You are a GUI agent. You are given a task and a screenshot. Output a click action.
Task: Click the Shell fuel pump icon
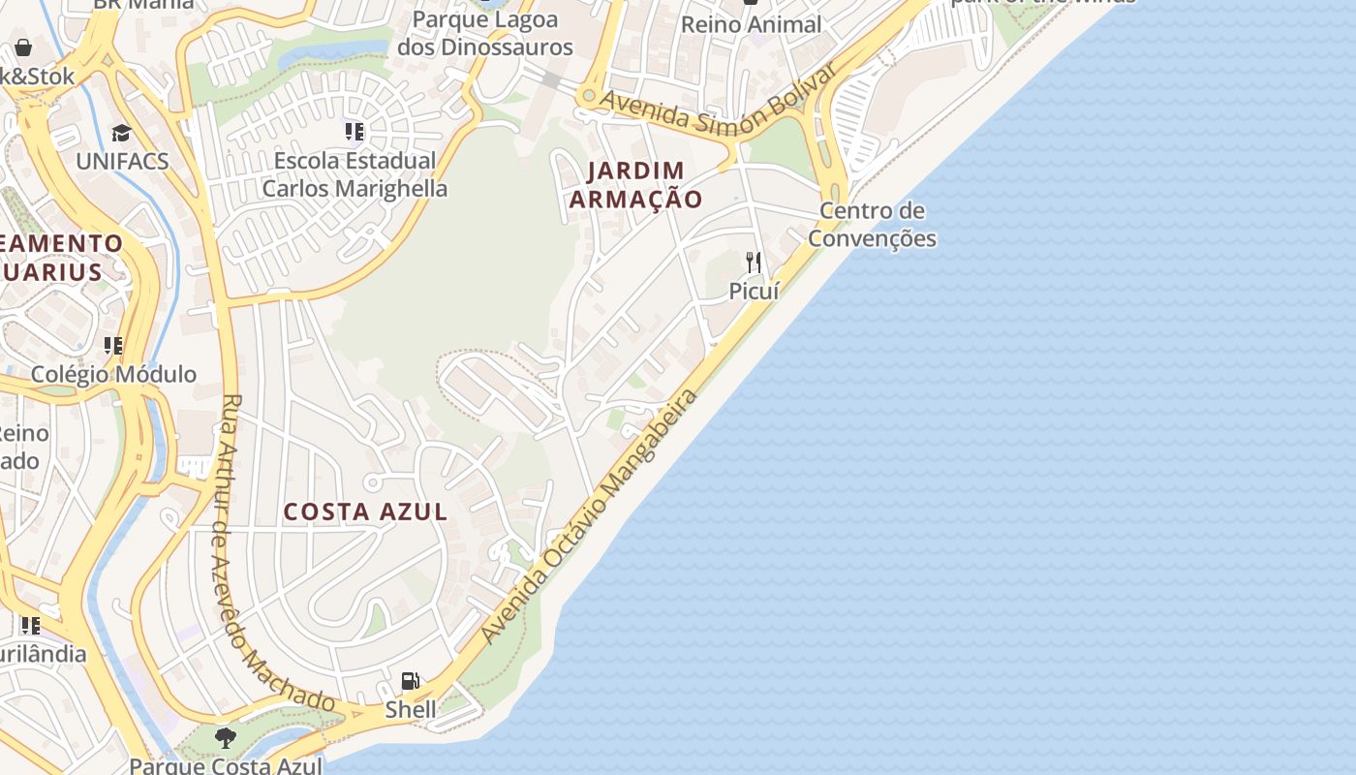click(x=411, y=681)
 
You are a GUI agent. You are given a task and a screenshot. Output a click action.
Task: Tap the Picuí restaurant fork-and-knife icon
click(x=754, y=263)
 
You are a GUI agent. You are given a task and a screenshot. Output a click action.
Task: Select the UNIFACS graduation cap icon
click(x=121, y=134)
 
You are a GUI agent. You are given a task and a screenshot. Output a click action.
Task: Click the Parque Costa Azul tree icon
click(x=226, y=738)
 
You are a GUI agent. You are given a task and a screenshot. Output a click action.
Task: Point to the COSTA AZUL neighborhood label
click(x=365, y=511)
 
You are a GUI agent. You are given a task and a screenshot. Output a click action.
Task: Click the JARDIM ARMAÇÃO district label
click(x=635, y=185)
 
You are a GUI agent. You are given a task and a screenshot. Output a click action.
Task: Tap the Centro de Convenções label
click(x=873, y=225)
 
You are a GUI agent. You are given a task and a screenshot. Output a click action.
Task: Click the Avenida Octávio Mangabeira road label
click(x=590, y=516)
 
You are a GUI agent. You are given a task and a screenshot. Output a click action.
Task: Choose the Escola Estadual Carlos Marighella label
click(x=354, y=174)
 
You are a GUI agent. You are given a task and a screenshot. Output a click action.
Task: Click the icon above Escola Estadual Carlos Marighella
click(x=354, y=131)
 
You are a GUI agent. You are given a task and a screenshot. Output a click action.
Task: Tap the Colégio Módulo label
click(x=113, y=374)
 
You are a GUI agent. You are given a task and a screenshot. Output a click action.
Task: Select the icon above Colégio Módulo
click(x=113, y=346)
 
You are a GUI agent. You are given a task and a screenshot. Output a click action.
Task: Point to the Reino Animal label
click(x=752, y=24)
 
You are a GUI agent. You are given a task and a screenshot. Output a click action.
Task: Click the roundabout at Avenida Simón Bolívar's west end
click(x=587, y=97)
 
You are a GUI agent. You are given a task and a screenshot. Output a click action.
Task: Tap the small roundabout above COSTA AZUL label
click(x=371, y=482)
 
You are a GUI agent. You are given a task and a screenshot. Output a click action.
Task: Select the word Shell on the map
click(x=411, y=709)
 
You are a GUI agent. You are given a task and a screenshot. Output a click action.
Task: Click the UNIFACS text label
click(x=122, y=161)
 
